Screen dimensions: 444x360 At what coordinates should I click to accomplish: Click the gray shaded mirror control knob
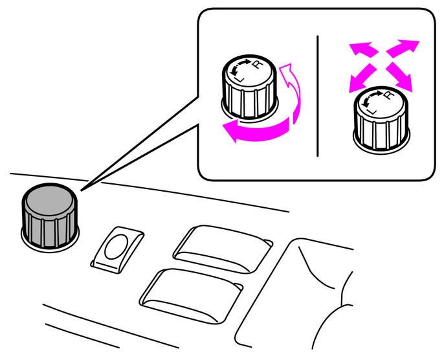click(50, 217)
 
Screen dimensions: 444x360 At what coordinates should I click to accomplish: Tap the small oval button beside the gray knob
click(117, 247)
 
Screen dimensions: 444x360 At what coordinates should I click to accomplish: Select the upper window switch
click(223, 249)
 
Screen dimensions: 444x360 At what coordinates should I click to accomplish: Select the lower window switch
click(191, 296)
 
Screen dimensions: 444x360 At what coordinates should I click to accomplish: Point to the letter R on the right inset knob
click(390, 95)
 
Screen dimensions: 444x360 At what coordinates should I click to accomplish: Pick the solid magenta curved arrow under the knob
click(256, 131)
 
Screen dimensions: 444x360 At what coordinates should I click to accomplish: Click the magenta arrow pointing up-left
click(364, 49)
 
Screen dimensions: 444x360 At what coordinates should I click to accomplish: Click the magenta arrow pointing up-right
click(403, 48)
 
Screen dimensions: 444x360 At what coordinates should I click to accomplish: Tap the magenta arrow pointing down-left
click(362, 78)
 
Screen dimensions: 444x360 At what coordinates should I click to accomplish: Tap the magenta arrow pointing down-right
click(399, 76)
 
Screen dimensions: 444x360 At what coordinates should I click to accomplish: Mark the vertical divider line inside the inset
click(317, 96)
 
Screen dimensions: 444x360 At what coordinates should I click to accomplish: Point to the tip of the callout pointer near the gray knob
click(82, 190)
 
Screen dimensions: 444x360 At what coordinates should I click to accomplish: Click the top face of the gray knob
click(50, 201)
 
